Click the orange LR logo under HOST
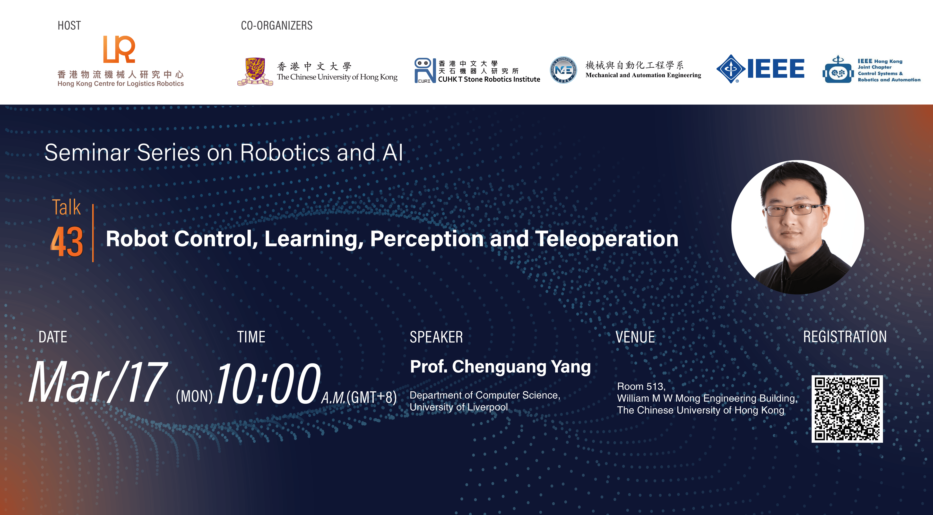pos(119,49)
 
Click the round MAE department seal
pos(563,70)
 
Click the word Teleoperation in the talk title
pos(607,239)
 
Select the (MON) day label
pos(194,396)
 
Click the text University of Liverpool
pos(458,407)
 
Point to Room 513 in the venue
pos(641,386)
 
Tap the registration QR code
pos(847,409)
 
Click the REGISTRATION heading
pos(845,337)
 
